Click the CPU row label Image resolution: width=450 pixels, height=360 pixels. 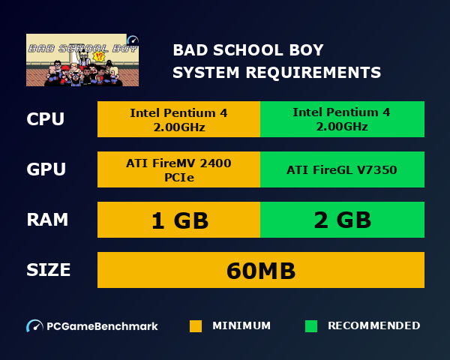45,119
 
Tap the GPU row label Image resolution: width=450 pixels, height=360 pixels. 46,169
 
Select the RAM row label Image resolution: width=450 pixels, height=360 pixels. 47,220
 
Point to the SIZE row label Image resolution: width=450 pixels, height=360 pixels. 49,270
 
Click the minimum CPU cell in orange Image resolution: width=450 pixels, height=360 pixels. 178,119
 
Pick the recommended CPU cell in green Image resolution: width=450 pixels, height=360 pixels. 342,119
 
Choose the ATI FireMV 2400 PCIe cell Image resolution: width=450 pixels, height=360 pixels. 178,169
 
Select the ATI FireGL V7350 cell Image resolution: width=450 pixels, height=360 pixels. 342,169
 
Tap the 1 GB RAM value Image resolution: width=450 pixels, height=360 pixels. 178,220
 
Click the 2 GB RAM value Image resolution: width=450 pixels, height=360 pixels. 342,220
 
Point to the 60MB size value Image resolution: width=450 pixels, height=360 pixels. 261,270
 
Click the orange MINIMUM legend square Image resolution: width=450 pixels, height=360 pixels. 196,326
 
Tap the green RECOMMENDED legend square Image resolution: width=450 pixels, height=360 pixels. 311,326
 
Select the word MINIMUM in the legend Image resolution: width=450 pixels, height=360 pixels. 241,325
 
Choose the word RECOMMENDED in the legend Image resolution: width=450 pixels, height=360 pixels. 373,325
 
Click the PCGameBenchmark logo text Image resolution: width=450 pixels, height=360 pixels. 102,326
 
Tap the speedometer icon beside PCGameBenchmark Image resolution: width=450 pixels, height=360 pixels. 34,326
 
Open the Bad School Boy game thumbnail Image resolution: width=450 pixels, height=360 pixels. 82,60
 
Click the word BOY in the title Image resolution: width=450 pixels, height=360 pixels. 305,50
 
